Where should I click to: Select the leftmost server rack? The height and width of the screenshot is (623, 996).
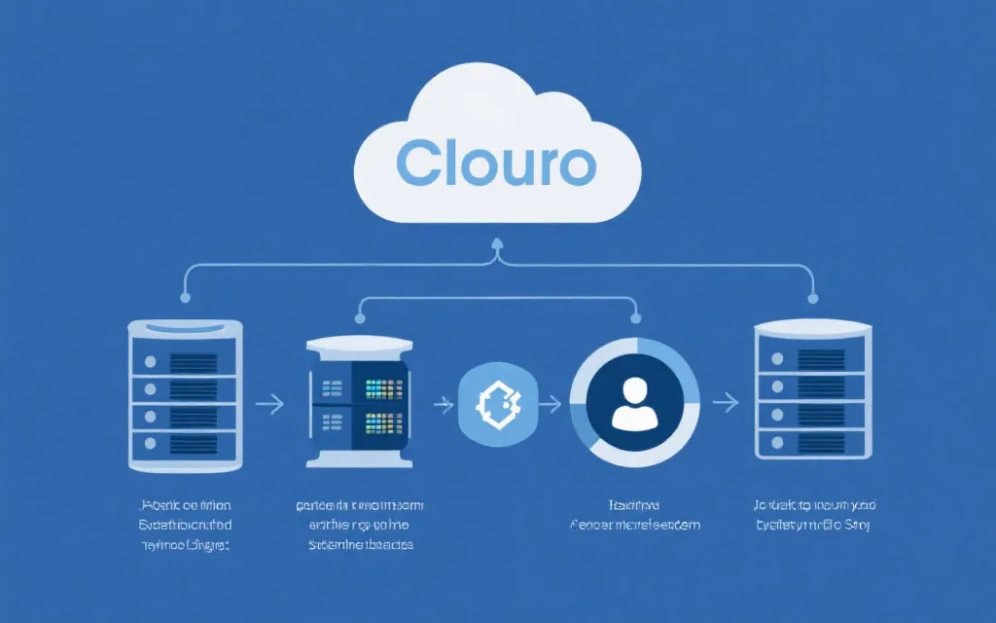tap(186, 390)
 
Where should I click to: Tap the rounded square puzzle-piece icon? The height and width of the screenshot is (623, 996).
tap(497, 400)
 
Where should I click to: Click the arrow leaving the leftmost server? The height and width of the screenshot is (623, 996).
tap(269, 401)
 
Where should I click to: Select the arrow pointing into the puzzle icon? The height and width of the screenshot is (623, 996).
tap(444, 401)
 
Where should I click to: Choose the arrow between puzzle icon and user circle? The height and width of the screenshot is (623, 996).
tap(551, 401)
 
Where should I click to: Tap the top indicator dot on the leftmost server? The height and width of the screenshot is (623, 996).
tap(150, 361)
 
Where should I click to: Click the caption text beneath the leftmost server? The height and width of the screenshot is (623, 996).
tap(185, 526)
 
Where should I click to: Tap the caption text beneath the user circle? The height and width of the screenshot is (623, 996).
tap(634, 516)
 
